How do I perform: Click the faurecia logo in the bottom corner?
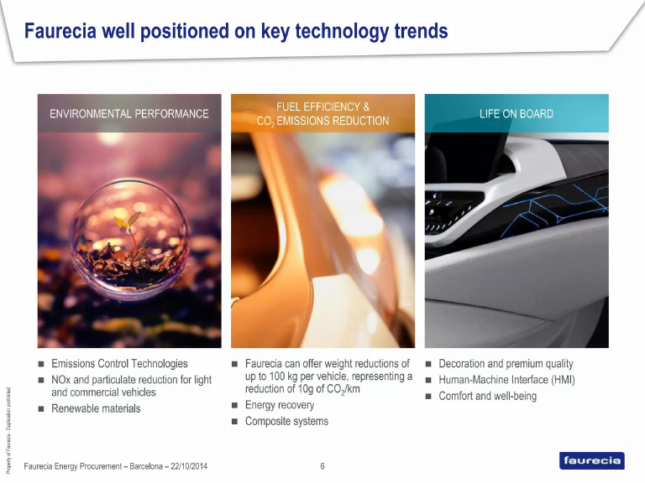point(592,460)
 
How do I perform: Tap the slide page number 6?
point(322,466)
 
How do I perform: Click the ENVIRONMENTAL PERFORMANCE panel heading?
point(129,114)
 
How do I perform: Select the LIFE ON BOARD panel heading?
point(517,114)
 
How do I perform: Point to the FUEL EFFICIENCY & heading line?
point(322,107)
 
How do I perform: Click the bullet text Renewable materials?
point(96,408)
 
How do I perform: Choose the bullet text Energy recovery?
point(280,405)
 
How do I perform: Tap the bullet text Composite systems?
point(286,421)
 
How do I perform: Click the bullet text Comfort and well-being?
point(487,396)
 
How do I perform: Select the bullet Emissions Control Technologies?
point(119,364)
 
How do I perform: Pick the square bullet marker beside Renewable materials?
point(40,409)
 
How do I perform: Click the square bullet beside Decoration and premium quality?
point(427,365)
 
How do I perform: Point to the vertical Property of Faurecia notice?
point(8,428)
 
